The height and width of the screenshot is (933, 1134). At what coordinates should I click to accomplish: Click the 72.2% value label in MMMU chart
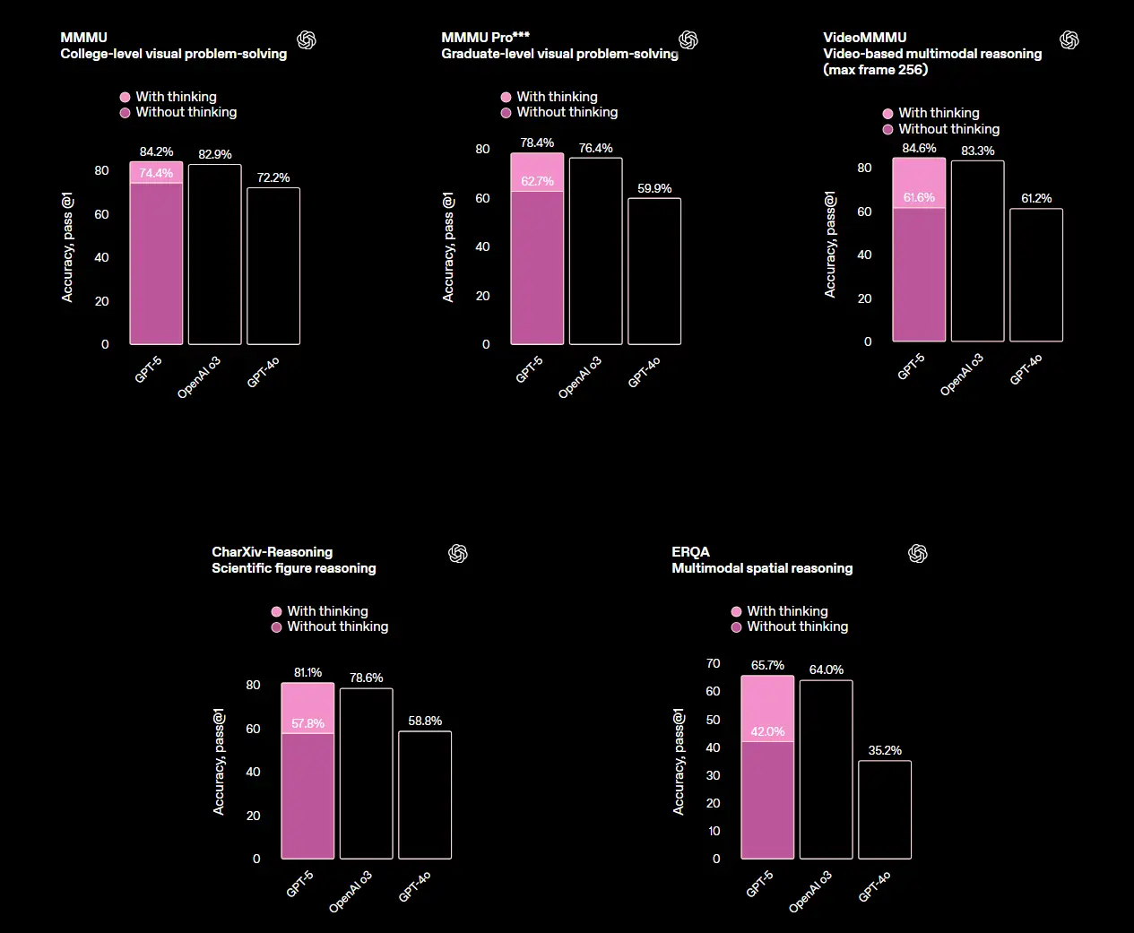click(273, 177)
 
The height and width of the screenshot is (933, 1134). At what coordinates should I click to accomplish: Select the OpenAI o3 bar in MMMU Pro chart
click(596, 251)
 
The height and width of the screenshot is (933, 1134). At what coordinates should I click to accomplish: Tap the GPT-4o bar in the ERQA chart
click(885, 809)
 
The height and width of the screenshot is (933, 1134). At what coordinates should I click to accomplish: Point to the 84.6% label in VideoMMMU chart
click(919, 149)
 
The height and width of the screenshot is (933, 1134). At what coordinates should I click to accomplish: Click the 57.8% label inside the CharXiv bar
click(307, 723)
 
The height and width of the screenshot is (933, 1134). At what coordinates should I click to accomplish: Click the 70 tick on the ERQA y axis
click(714, 663)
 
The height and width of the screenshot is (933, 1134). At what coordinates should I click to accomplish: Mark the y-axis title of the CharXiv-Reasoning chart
click(219, 762)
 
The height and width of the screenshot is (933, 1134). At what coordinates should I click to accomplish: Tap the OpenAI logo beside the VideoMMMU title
click(1069, 40)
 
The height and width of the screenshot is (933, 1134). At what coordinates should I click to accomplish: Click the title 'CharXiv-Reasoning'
click(273, 552)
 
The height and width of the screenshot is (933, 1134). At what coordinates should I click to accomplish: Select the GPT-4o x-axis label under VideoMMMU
click(1026, 369)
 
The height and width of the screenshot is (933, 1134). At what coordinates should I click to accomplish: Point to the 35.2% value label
click(885, 750)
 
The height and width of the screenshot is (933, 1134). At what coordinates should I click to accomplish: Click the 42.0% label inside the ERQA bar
click(767, 731)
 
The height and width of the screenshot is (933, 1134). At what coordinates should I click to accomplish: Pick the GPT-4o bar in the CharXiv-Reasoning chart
click(425, 795)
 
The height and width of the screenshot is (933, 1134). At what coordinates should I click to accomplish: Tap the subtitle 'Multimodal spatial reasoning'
click(762, 568)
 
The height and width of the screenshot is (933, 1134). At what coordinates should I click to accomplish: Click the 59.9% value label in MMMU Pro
click(654, 188)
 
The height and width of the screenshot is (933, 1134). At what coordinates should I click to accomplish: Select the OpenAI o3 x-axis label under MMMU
click(199, 376)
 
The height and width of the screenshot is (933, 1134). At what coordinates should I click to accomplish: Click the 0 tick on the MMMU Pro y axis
click(486, 344)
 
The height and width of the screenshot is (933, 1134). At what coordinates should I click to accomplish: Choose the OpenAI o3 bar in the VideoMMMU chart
click(977, 251)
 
